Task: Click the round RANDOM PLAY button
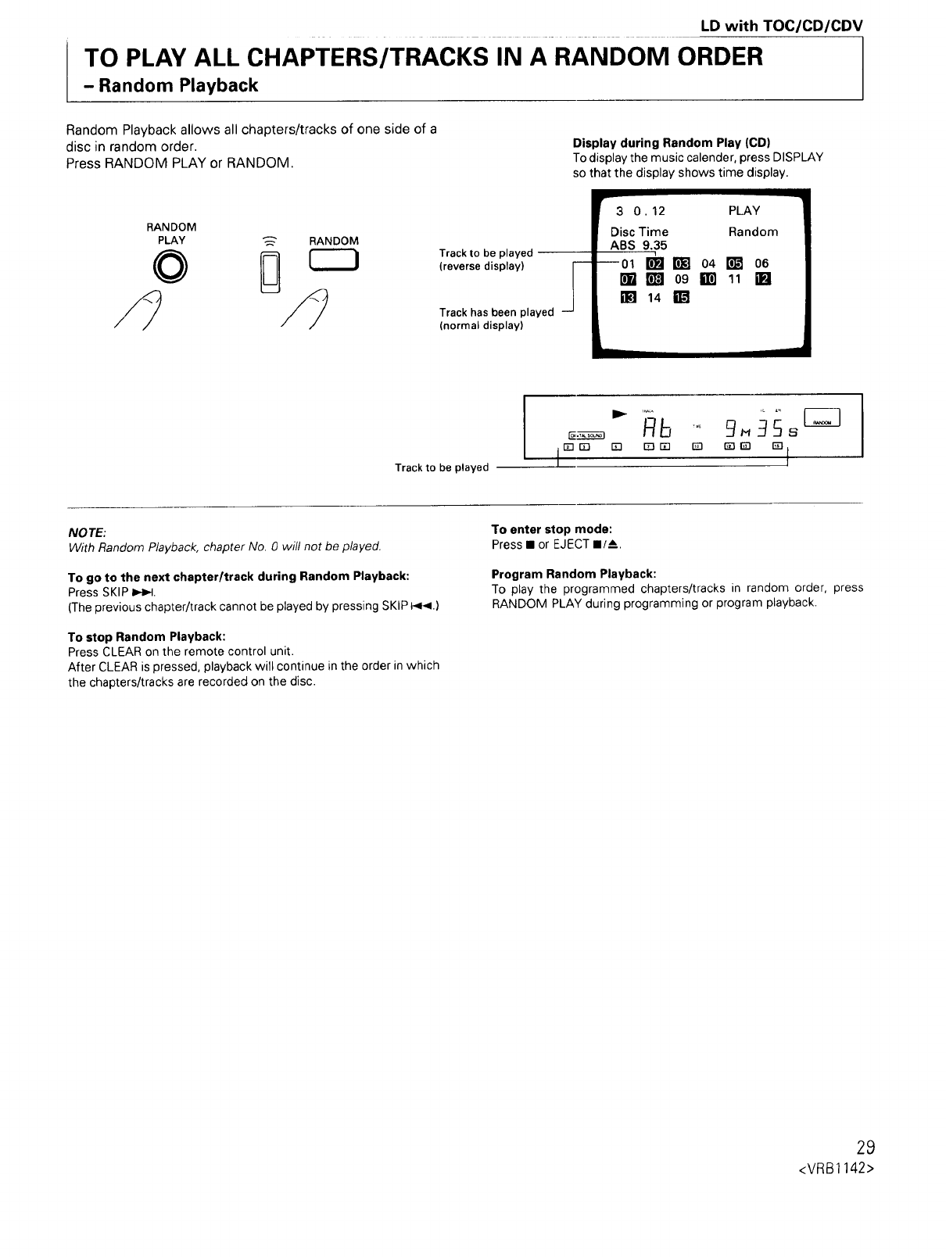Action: click(171, 268)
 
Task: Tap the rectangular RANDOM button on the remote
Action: click(333, 261)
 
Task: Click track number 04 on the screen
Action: click(708, 263)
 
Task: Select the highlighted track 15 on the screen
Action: click(681, 298)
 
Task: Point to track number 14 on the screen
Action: click(654, 298)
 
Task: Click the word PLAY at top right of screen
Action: click(744, 210)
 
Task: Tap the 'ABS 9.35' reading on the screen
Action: click(638, 245)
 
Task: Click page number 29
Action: click(865, 1148)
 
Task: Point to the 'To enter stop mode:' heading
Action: click(551, 529)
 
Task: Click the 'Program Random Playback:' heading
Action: click(574, 573)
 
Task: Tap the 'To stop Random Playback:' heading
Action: click(147, 636)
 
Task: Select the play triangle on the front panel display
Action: click(619, 412)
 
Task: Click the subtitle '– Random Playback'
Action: click(170, 85)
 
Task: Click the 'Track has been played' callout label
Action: click(496, 312)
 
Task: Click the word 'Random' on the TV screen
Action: click(753, 231)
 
